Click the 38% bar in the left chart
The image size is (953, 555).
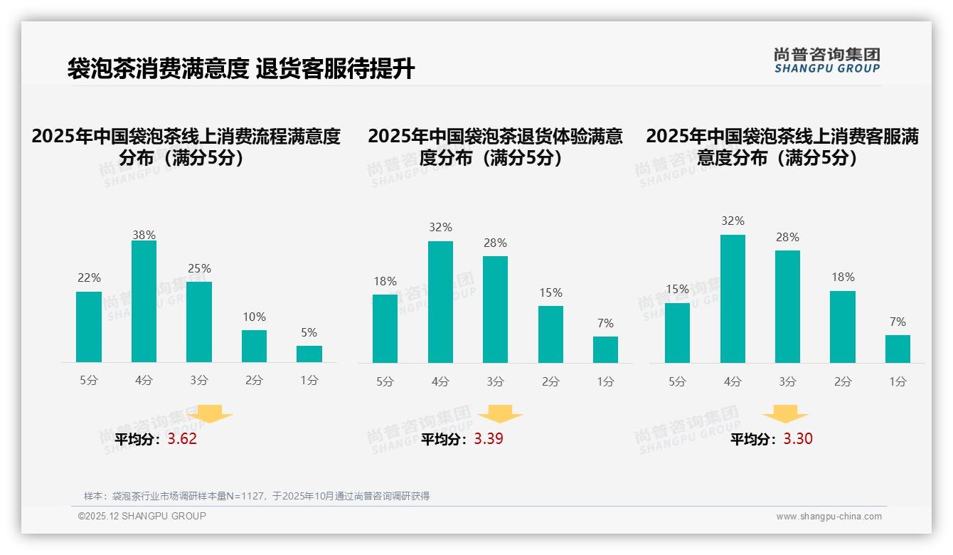pyautogui.click(x=144, y=302)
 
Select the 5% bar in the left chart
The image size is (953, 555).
pyautogui.click(x=309, y=354)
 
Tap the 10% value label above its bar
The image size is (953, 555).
pyautogui.click(x=254, y=317)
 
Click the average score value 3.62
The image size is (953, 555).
pyautogui.click(x=182, y=439)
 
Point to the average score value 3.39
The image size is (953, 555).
pyautogui.click(x=489, y=439)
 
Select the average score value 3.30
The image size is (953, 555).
pyautogui.click(x=798, y=439)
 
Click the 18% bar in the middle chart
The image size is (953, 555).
pyautogui.click(x=385, y=329)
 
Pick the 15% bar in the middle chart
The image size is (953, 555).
pyautogui.click(x=550, y=334)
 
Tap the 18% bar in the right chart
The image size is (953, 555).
pyautogui.click(x=843, y=327)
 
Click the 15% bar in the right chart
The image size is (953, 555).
pyautogui.click(x=677, y=333)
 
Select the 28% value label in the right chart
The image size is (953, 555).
pyautogui.click(x=787, y=238)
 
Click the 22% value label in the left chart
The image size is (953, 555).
pyautogui.click(x=89, y=278)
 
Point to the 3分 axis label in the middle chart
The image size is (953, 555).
pyautogui.click(x=495, y=382)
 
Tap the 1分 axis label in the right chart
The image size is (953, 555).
pyautogui.click(x=898, y=382)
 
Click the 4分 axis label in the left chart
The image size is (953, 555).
pyautogui.click(x=144, y=381)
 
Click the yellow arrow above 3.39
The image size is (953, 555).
pyautogui.click(x=500, y=414)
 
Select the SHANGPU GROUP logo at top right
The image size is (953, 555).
pyautogui.click(x=826, y=60)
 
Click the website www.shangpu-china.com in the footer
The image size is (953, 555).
pyautogui.click(x=829, y=517)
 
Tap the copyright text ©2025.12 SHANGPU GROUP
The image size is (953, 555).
pyautogui.click(x=142, y=516)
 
